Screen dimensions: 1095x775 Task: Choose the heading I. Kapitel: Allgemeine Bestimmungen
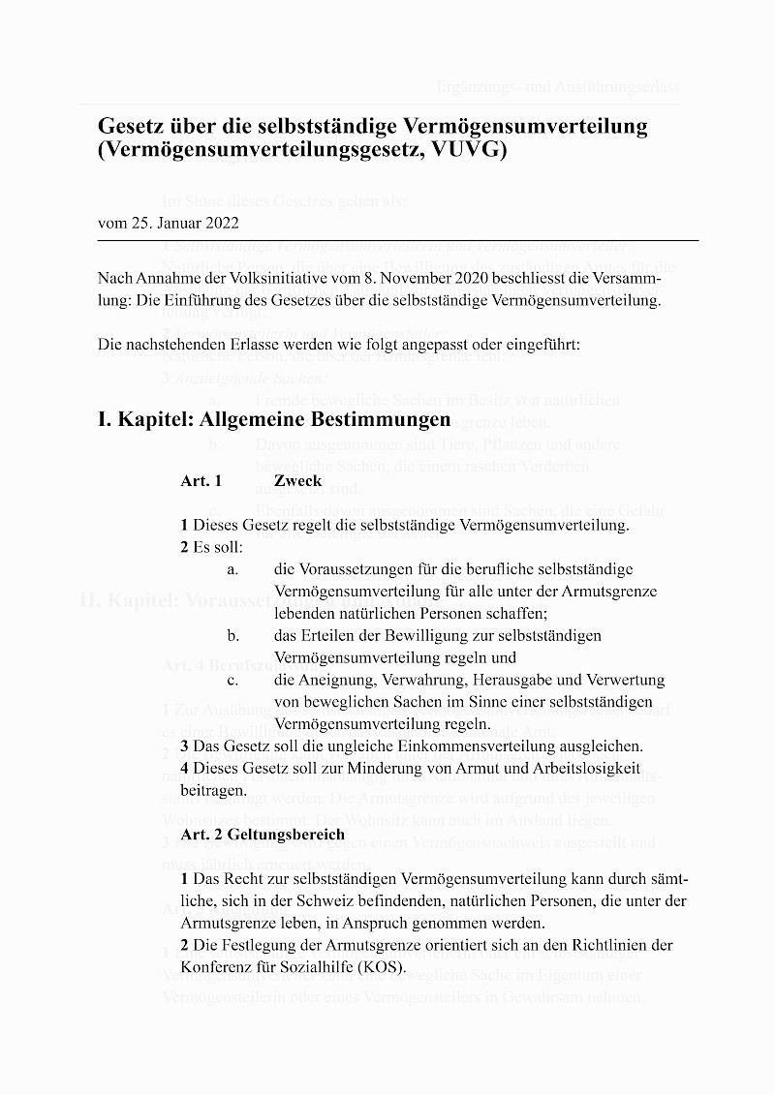(x=274, y=419)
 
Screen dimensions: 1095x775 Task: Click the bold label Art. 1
(x=201, y=480)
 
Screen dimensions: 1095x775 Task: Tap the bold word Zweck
(x=297, y=480)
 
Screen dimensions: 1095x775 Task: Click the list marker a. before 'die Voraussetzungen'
(x=233, y=569)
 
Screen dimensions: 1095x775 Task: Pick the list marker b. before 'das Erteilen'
(x=233, y=635)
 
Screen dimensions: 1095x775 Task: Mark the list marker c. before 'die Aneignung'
(x=233, y=680)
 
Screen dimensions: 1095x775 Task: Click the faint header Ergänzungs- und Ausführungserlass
(x=558, y=87)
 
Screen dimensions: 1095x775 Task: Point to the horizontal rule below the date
(x=397, y=239)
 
